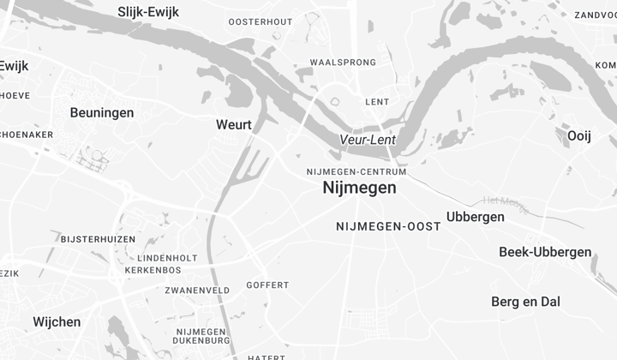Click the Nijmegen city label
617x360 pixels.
tap(359, 188)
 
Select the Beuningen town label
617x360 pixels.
tap(102, 112)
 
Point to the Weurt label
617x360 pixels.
tap(234, 125)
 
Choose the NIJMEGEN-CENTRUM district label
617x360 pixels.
tap(356, 171)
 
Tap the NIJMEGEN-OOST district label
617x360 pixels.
tap(388, 226)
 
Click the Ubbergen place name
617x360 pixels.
tap(476, 217)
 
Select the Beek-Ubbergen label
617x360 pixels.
tap(545, 252)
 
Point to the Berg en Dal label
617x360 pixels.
tap(525, 302)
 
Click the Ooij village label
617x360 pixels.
tap(579, 135)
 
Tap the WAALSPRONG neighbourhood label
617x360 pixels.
tap(343, 63)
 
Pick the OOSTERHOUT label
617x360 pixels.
tap(261, 21)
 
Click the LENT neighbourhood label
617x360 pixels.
tap(377, 102)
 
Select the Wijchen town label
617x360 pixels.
tap(57, 322)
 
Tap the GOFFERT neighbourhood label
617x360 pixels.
tap(267, 285)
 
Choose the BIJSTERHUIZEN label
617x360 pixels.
tap(99, 238)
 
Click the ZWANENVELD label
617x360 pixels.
tap(197, 291)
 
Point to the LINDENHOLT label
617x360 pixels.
tap(167, 258)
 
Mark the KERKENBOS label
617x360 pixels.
tap(153, 270)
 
